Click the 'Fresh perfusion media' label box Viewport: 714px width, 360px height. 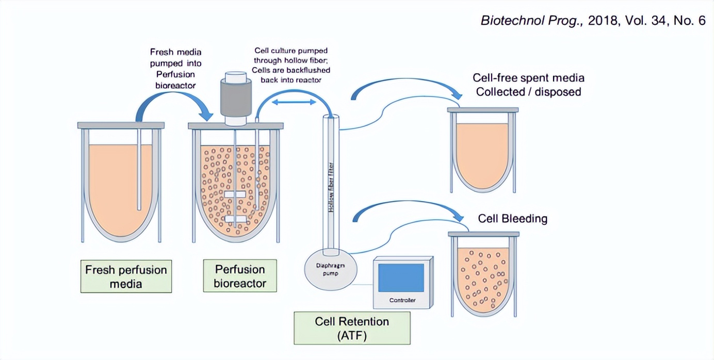(x=126, y=276)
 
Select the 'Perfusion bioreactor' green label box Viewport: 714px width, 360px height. (x=240, y=276)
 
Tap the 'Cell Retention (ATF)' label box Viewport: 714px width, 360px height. (x=352, y=328)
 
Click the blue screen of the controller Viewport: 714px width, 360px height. (x=401, y=277)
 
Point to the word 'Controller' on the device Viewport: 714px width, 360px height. (x=402, y=300)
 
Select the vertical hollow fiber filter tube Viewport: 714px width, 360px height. (x=331, y=181)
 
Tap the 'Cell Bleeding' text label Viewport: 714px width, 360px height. (x=512, y=218)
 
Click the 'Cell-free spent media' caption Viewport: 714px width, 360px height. (x=528, y=85)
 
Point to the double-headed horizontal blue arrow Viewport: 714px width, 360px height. (x=294, y=103)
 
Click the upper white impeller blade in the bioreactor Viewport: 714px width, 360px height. (x=235, y=194)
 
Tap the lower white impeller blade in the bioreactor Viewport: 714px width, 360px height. (x=235, y=219)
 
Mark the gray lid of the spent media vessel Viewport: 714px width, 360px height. (x=483, y=109)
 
